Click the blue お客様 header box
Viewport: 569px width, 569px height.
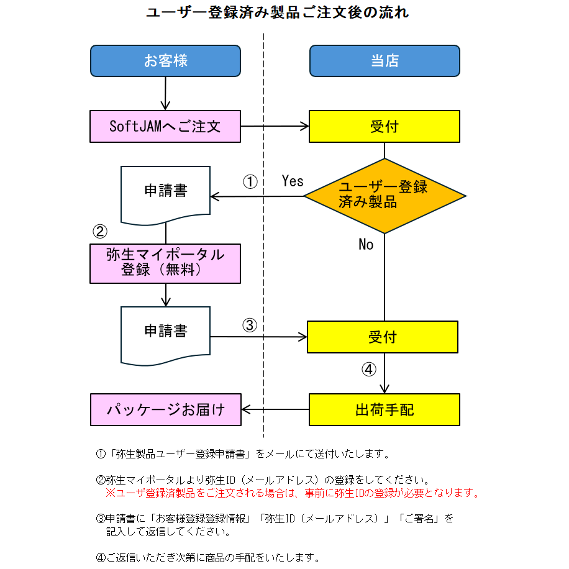[x=165, y=61]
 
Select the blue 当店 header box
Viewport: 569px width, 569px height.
[x=385, y=61]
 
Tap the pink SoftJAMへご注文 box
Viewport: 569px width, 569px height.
[x=165, y=126]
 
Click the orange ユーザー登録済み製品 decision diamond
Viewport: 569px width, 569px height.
[x=385, y=196]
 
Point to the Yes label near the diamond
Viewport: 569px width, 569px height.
[x=293, y=181]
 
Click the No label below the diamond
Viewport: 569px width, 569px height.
[x=366, y=245]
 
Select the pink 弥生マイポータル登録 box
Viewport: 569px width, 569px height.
[x=165, y=263]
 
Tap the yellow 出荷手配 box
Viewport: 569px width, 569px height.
[x=385, y=409]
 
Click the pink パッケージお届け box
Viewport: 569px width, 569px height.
[x=165, y=409]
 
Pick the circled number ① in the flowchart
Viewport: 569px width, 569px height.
[x=250, y=182]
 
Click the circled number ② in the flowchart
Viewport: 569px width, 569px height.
[x=100, y=232]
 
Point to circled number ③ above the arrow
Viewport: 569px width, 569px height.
[x=249, y=325]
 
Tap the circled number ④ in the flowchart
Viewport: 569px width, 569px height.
[x=369, y=370]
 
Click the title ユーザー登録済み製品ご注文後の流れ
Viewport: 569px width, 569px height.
[x=277, y=13]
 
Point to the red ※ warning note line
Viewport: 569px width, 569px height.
[x=292, y=493]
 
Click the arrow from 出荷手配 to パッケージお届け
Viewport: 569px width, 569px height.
[x=275, y=409]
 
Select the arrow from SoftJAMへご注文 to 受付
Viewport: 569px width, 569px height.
[x=275, y=126]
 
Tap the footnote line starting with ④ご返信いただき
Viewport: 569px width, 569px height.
[x=208, y=557]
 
